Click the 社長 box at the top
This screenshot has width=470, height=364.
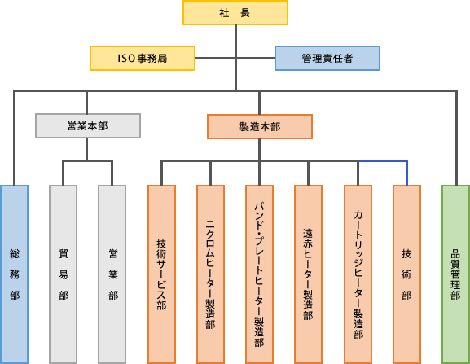tap(235, 12)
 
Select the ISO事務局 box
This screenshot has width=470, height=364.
tap(143, 58)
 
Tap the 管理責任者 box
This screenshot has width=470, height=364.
tap(327, 58)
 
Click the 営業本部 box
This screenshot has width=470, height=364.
tap(88, 126)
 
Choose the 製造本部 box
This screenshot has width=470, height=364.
tap(260, 127)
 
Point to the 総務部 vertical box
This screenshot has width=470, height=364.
tap(15, 274)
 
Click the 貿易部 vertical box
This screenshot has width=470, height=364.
tap(64, 274)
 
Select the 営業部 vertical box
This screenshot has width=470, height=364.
tap(112, 274)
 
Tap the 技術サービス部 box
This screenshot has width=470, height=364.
tap(161, 274)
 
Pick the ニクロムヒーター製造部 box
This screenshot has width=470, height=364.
tap(210, 274)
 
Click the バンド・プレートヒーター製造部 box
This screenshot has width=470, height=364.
tap(259, 274)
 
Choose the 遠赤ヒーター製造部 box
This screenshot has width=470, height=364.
tap(308, 274)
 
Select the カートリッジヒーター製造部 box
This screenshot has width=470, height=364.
tap(358, 274)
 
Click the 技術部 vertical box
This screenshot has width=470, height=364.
tap(406, 274)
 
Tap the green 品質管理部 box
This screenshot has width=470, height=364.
tap(455, 274)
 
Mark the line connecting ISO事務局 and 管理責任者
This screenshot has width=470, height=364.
tap(235, 58)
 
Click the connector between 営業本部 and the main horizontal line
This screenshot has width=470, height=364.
tap(86, 103)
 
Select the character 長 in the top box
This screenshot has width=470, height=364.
tap(245, 13)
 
